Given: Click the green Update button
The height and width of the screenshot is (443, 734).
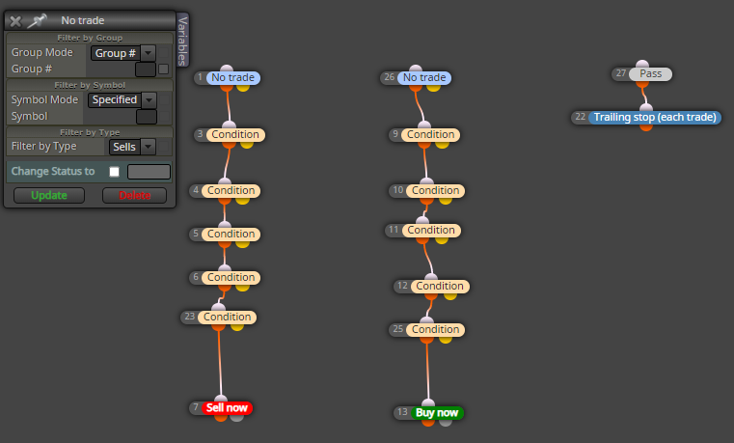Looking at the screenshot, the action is point(49,195).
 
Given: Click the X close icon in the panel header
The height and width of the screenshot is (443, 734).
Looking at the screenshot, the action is point(15,21).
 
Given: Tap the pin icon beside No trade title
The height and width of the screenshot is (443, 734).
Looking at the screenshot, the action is point(37,20).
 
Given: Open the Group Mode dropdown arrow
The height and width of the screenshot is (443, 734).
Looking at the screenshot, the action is point(148,53).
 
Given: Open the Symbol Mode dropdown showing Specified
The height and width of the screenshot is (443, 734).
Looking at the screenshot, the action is point(122,99).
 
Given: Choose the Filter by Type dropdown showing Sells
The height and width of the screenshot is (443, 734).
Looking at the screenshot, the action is point(132,147).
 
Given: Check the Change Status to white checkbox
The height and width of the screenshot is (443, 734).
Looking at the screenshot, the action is point(114,172).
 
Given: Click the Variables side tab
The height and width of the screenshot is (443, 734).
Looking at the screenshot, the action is point(182,41).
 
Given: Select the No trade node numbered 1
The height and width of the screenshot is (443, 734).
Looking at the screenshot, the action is point(232,78).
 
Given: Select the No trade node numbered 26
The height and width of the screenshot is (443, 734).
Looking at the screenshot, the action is point(424,78).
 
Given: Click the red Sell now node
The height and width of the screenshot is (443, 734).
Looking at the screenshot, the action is point(227,408).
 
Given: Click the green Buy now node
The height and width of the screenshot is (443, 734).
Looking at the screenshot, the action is point(437,412).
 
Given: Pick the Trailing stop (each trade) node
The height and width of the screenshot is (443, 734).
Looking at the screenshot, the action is point(655,117).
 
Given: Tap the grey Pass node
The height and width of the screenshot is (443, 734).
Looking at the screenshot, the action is point(650,74).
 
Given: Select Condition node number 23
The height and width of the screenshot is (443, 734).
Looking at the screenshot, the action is point(227,317).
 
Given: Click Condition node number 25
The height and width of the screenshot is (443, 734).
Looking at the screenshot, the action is point(435,330).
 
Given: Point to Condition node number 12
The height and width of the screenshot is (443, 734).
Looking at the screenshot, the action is point(440,286).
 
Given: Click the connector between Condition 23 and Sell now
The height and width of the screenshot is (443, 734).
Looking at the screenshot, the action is point(220,362).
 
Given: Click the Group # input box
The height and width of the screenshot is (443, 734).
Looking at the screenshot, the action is point(145,69).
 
